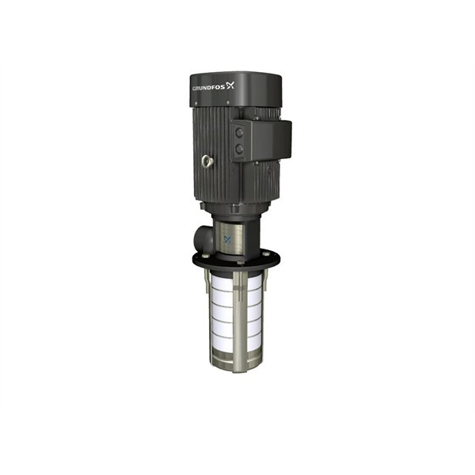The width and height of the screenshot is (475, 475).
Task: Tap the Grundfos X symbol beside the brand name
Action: [231, 85]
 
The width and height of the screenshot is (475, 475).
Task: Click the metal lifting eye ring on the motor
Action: [208, 162]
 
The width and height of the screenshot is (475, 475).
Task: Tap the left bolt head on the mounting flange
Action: [197, 259]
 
